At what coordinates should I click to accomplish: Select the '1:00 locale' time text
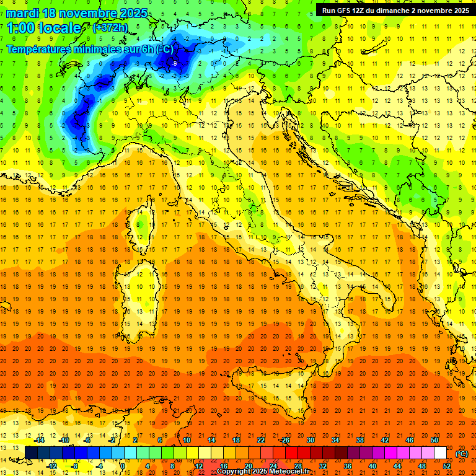point(43,29)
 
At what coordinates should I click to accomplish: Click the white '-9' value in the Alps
point(174,63)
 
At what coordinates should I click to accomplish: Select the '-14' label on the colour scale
point(40,440)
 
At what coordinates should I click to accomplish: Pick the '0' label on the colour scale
point(122,467)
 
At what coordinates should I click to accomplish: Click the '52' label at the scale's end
point(447,467)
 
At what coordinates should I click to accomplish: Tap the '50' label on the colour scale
point(434,440)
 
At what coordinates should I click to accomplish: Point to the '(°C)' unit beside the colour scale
point(462,454)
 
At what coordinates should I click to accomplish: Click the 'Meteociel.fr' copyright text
point(289,472)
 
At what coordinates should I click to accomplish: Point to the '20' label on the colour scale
point(248,467)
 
